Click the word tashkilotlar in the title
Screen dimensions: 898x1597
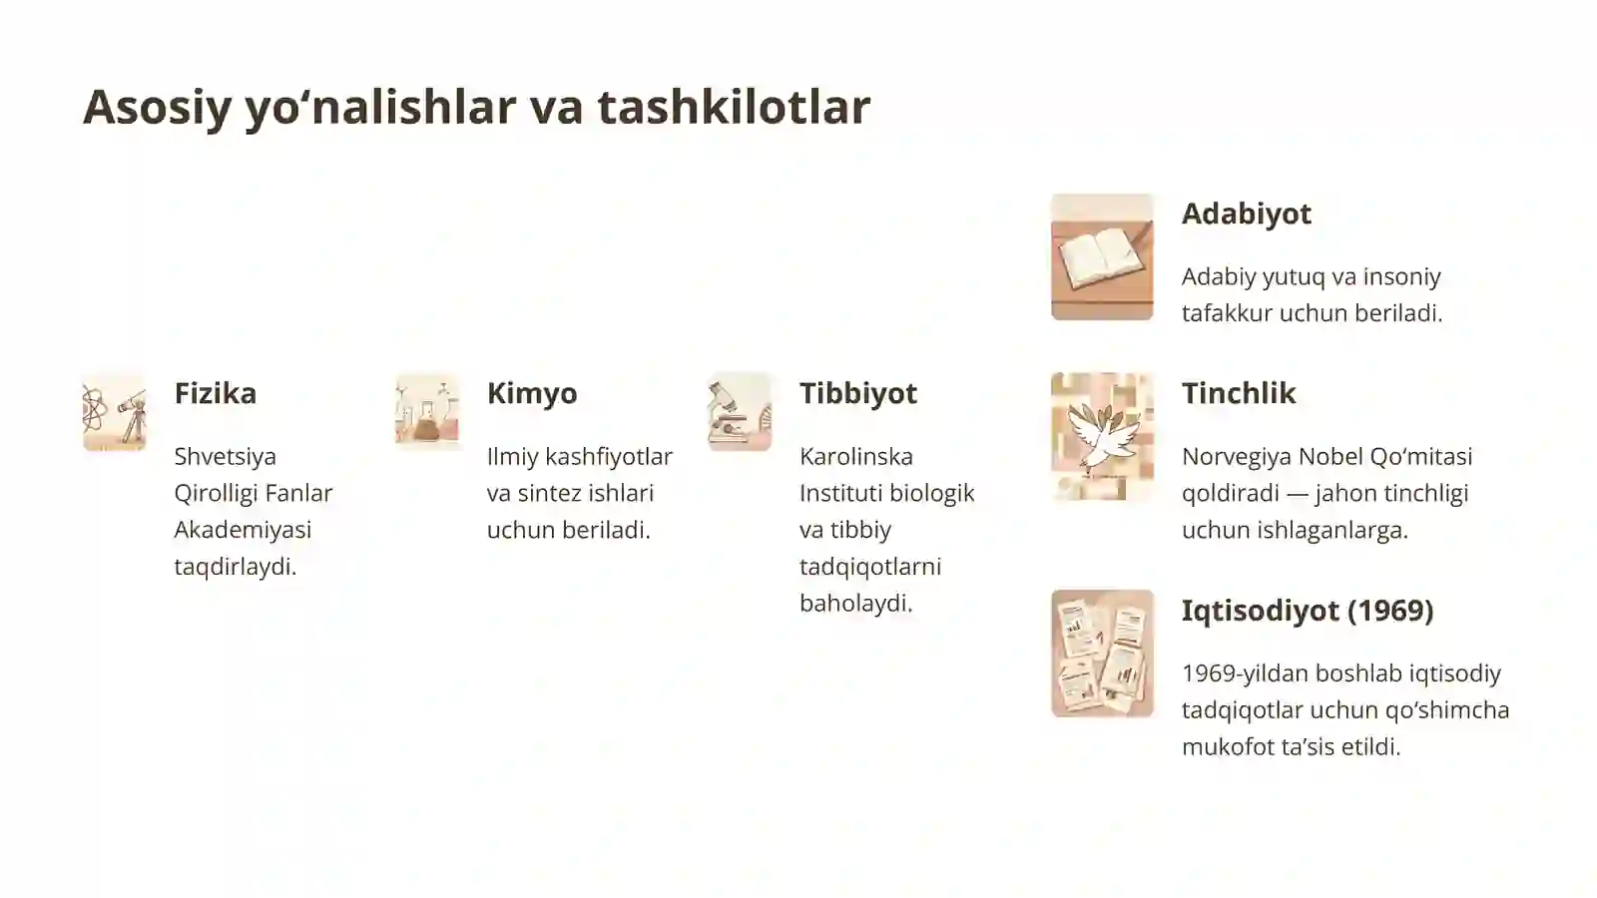[734, 107]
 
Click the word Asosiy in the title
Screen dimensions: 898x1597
[157, 107]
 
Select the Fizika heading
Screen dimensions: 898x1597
[215, 393]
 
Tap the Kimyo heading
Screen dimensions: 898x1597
[531, 393]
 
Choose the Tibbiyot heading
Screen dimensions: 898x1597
[857, 393]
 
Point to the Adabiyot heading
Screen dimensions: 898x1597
[1246, 214]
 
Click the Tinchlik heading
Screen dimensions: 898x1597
[1238, 393]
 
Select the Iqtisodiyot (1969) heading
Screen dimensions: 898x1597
[1307, 611]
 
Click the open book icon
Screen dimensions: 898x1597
[1102, 256]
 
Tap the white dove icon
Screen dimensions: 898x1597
[1102, 436]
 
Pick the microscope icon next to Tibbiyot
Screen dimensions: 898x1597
[740, 412]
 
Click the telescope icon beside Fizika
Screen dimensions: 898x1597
[114, 412]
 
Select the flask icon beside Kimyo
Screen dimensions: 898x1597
[427, 412]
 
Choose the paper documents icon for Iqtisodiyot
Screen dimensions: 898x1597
[1102, 654]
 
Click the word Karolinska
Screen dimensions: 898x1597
[855, 457]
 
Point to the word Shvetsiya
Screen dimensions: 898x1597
[225, 457]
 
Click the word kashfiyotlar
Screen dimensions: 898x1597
[609, 457]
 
